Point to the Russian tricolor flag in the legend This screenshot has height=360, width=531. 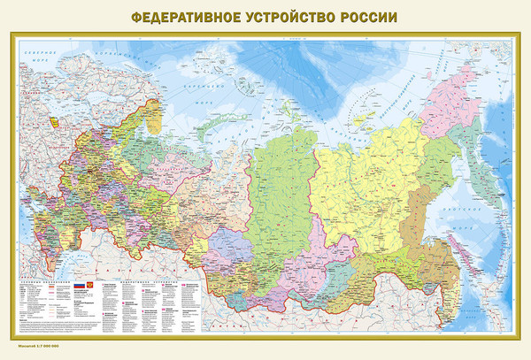78,286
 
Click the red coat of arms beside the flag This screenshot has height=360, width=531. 91,286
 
